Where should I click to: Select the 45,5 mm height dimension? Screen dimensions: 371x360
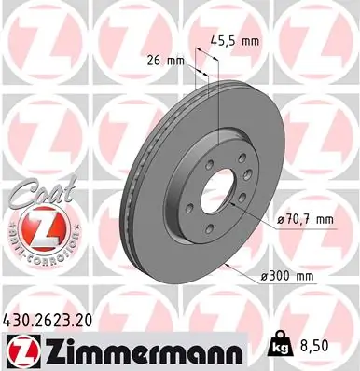click(x=233, y=40)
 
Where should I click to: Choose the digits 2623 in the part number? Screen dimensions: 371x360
click(x=52, y=317)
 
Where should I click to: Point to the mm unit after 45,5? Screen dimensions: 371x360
click(x=248, y=40)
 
